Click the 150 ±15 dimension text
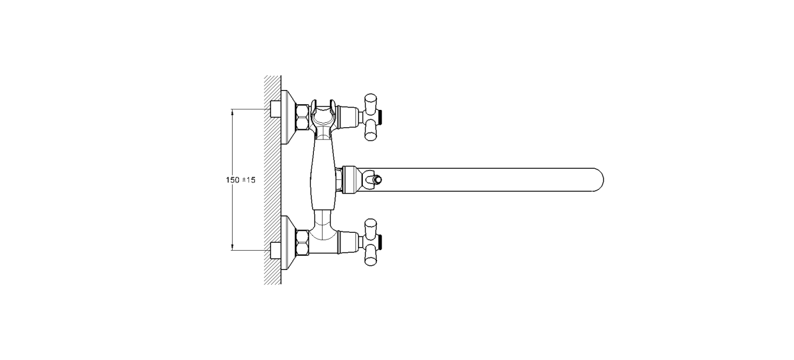pos(240,180)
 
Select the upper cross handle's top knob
pos(371,102)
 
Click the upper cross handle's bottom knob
pos(371,132)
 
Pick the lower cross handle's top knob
pos(371,227)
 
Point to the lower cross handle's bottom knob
pos(371,257)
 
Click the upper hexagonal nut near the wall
pos(302,117)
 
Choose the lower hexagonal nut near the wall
pos(302,243)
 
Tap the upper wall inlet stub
pos(275,110)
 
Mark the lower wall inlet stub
pos(275,250)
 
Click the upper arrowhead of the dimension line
pos(232,112)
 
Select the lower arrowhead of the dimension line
pos(232,247)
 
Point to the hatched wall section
pos(272,180)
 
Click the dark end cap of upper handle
pos(380,117)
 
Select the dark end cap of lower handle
pos(380,242)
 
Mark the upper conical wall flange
pos(288,117)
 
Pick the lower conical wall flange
pos(288,243)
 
